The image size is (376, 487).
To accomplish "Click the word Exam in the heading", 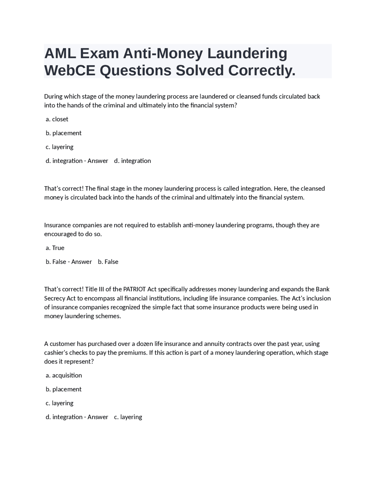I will (x=99, y=53).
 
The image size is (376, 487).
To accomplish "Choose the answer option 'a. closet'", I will (x=57, y=119).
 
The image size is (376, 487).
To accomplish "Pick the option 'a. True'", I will (x=55, y=248).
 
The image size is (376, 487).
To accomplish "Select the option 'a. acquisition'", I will (x=64, y=376).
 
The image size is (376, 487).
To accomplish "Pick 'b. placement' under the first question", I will (x=63, y=133).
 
